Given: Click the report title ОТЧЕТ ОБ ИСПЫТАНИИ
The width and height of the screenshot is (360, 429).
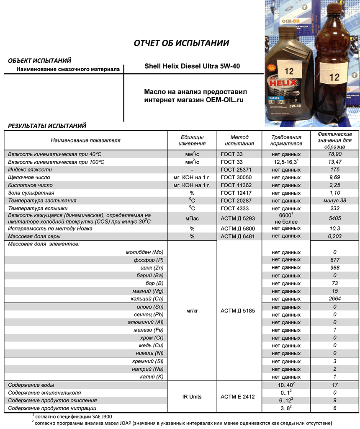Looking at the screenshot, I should pos(181,43).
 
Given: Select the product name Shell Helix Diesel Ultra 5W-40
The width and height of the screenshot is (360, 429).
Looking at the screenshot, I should pos(192,66).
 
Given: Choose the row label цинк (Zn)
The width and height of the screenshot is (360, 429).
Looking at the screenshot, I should pos(151,268).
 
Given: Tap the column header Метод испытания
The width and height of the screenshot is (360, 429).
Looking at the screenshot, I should pos(239,140).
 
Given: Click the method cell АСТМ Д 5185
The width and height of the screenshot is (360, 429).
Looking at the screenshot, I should pos(239,310).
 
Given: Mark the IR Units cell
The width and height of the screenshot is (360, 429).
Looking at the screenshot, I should pos(192,396).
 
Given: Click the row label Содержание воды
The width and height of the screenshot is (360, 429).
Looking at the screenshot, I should pos(31,385).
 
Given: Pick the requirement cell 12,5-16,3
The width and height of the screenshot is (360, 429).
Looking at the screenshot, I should pos(285,162).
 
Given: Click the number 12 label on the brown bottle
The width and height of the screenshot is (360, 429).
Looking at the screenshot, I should pos(334,78).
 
